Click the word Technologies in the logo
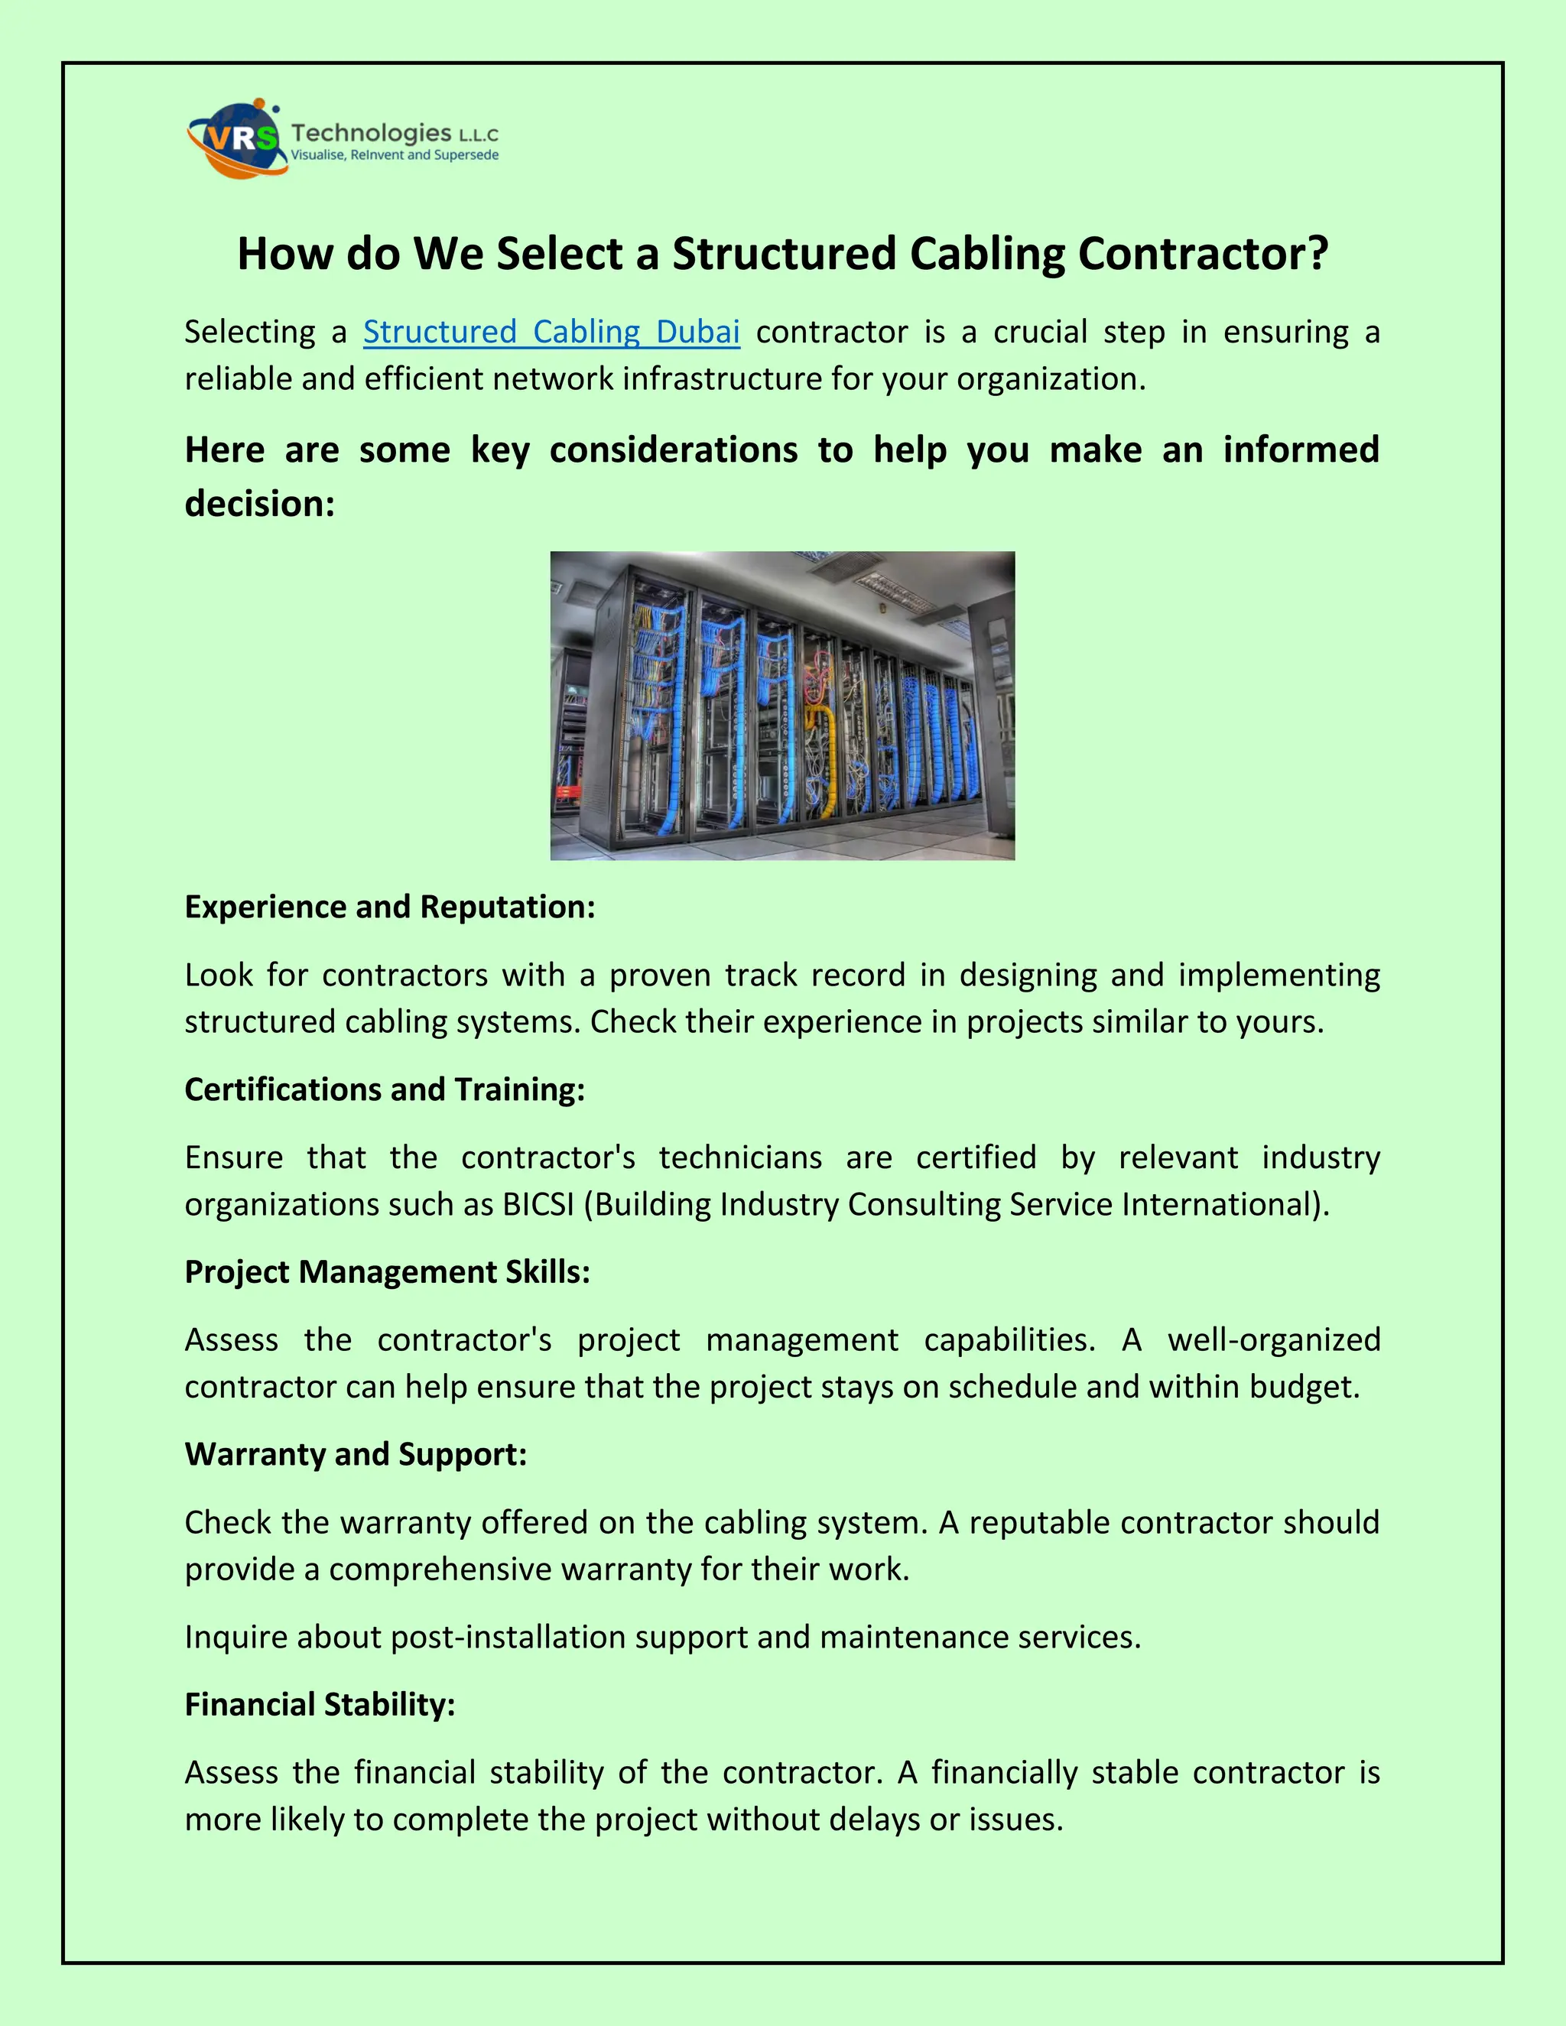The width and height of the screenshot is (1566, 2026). point(370,133)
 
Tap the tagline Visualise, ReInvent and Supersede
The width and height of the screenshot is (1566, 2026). point(395,155)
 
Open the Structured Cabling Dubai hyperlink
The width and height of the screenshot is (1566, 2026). point(551,331)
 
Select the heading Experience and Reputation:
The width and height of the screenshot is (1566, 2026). point(390,906)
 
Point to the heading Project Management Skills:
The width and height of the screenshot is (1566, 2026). point(388,1271)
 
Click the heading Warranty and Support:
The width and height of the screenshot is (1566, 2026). point(356,1453)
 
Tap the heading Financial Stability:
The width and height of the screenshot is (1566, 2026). point(320,1704)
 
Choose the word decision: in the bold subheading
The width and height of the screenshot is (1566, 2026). point(260,504)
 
